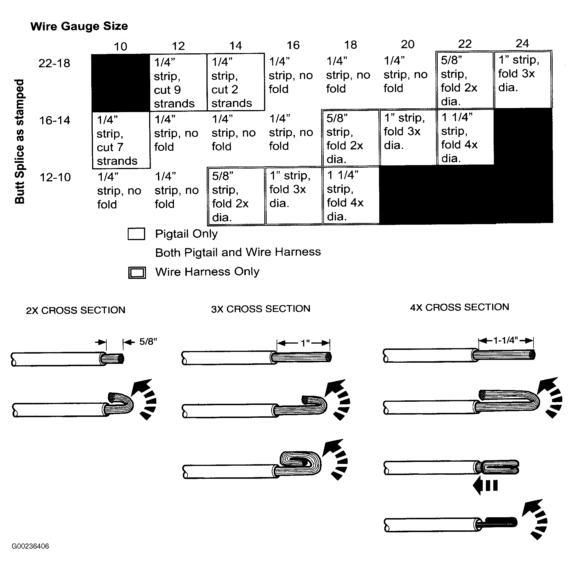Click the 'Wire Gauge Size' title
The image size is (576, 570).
pyautogui.click(x=79, y=26)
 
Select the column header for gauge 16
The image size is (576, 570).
pyautogui.click(x=293, y=45)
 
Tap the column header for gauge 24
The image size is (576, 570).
pyautogui.click(x=522, y=44)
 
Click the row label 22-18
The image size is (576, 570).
pyautogui.click(x=54, y=63)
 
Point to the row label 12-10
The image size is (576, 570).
pyautogui.click(x=55, y=177)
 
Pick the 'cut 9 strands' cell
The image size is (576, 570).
pyautogui.click(x=178, y=83)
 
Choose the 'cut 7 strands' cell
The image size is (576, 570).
pyautogui.click(x=121, y=140)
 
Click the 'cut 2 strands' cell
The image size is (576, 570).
pyautogui.click(x=236, y=82)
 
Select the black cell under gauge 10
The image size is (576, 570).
pyautogui.click(x=120, y=83)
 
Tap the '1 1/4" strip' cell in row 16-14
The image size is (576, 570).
pyautogui.click(x=465, y=137)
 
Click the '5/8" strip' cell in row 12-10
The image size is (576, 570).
pyautogui.click(x=236, y=196)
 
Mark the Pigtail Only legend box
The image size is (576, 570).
pyautogui.click(x=137, y=234)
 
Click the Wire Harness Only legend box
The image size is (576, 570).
pyautogui.click(x=137, y=273)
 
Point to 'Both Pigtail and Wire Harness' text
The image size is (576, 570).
pyautogui.click(x=238, y=252)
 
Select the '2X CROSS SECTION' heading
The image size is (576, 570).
pyautogui.click(x=76, y=310)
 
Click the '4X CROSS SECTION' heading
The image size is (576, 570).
pyautogui.click(x=459, y=307)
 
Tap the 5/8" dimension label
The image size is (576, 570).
pyautogui.click(x=148, y=341)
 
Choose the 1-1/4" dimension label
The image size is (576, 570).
pyautogui.click(x=506, y=340)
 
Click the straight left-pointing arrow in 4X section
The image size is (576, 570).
pyautogui.click(x=485, y=486)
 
